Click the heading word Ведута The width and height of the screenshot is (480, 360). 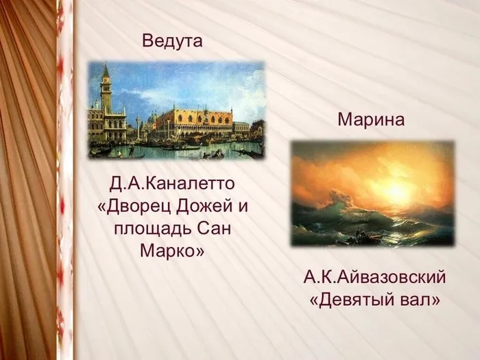pos(172,40)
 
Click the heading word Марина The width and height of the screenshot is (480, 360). pos(371,119)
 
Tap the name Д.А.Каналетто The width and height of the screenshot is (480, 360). pos(172,183)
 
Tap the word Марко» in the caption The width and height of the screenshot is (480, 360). pos(172,251)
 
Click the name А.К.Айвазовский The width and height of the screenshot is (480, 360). pos(374,277)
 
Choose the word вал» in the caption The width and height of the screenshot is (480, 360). pos(420,300)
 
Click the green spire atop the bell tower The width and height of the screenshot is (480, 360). pos(106,70)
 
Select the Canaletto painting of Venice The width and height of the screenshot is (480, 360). pos(177,110)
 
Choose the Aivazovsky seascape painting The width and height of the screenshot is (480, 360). pos(372,193)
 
